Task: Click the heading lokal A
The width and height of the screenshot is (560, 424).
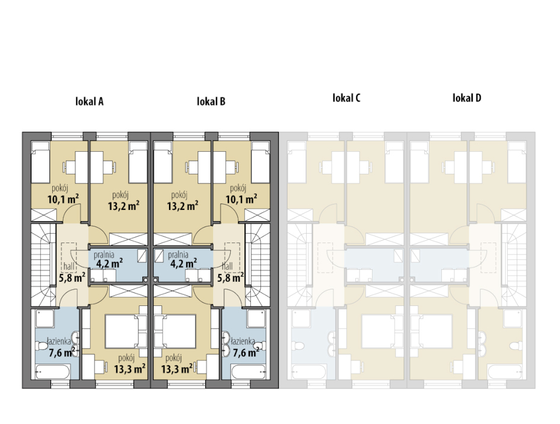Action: click(x=90, y=101)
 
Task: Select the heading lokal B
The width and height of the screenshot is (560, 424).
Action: click(x=211, y=101)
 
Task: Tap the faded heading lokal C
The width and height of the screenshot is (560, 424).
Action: click(x=346, y=98)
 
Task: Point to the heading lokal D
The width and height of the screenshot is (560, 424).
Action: click(x=467, y=98)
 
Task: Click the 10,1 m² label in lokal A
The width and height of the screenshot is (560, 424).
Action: click(x=63, y=199)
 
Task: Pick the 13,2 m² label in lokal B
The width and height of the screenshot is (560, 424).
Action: click(x=183, y=206)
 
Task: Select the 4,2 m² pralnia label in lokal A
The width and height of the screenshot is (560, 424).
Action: click(x=110, y=263)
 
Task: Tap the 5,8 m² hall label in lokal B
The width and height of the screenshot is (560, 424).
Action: click(x=231, y=278)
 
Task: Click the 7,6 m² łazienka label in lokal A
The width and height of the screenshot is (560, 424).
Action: click(x=62, y=352)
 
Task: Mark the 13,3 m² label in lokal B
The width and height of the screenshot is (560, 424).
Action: click(x=177, y=368)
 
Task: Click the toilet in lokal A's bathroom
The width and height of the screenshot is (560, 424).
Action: click(x=42, y=346)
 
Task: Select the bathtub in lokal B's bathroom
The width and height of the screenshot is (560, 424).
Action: click(x=249, y=372)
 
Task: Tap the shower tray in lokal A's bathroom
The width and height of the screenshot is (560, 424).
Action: click(x=44, y=318)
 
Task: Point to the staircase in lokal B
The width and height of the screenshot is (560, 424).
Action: click(x=256, y=265)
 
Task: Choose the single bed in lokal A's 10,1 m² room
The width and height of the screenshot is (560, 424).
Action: click(x=40, y=162)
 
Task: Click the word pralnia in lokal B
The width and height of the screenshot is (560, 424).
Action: click(x=178, y=254)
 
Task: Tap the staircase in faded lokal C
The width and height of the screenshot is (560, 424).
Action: click(x=300, y=265)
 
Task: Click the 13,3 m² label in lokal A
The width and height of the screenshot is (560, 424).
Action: click(x=130, y=368)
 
